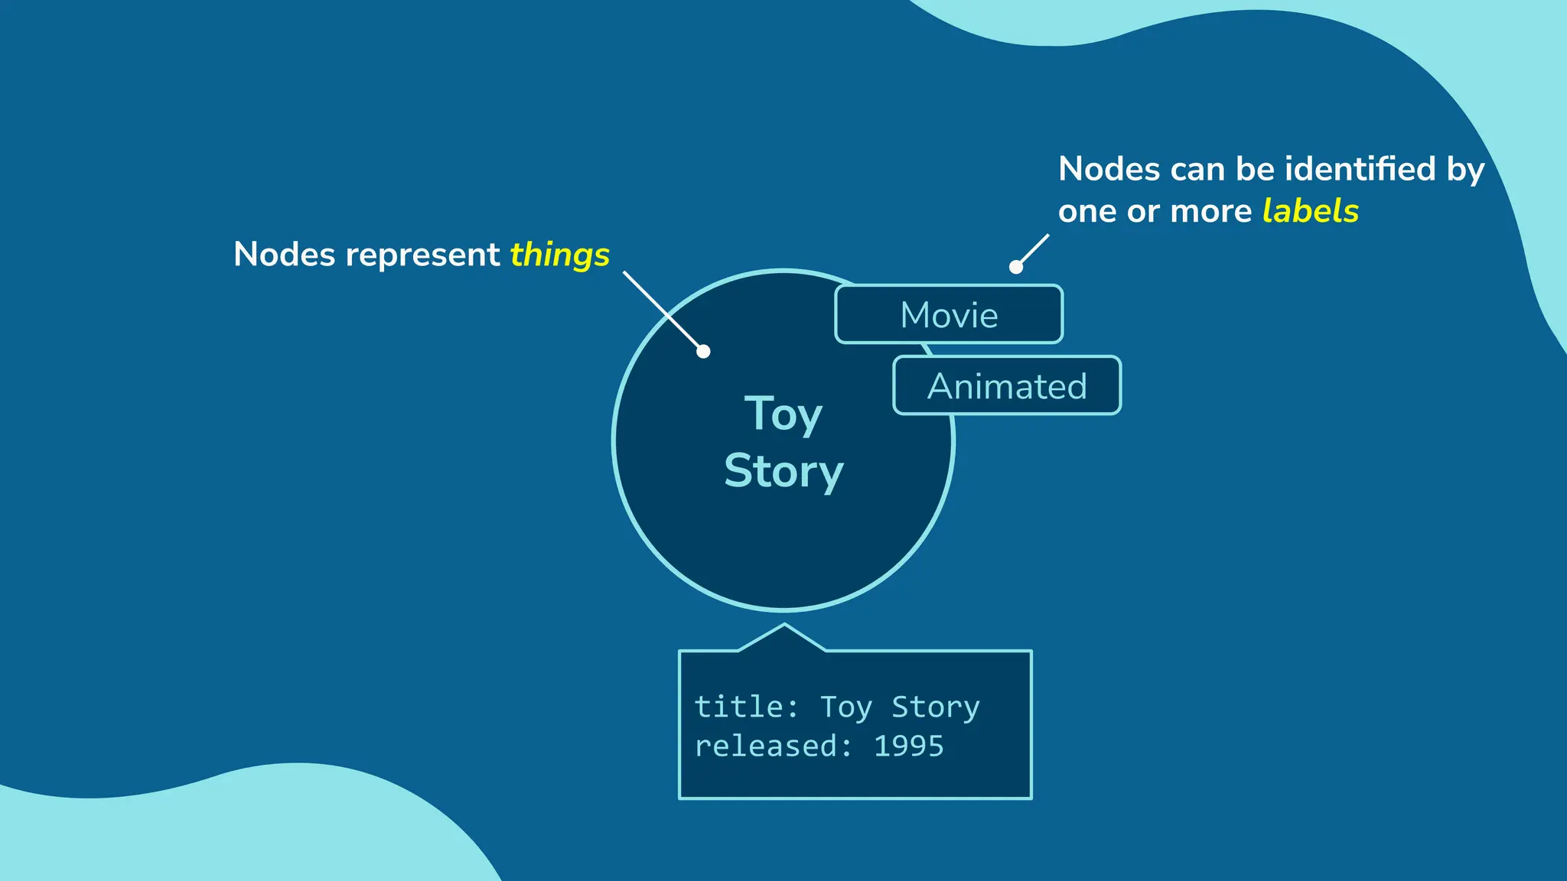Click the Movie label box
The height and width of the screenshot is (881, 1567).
(949, 314)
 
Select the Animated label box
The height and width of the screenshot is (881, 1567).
(1007, 385)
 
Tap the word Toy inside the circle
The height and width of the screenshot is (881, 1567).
(783, 415)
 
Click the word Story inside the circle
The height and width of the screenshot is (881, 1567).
(783, 471)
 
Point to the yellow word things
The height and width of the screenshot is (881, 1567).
(559, 255)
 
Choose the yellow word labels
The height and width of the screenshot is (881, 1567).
(1310, 211)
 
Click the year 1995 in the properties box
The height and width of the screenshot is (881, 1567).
(909, 746)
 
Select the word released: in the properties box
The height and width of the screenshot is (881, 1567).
(773, 746)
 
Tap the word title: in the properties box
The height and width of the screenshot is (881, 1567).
(746, 707)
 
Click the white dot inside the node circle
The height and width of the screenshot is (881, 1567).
(703, 351)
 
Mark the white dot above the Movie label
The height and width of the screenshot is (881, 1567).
(1016, 267)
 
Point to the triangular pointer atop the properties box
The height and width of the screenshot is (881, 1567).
(783, 638)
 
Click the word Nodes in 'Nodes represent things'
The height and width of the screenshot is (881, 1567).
(284, 255)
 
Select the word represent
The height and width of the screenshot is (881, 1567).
(422, 255)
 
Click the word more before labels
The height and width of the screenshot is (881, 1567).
(1214, 211)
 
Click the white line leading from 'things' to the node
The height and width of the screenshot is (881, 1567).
(662, 309)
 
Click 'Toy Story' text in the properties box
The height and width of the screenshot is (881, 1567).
(900, 707)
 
